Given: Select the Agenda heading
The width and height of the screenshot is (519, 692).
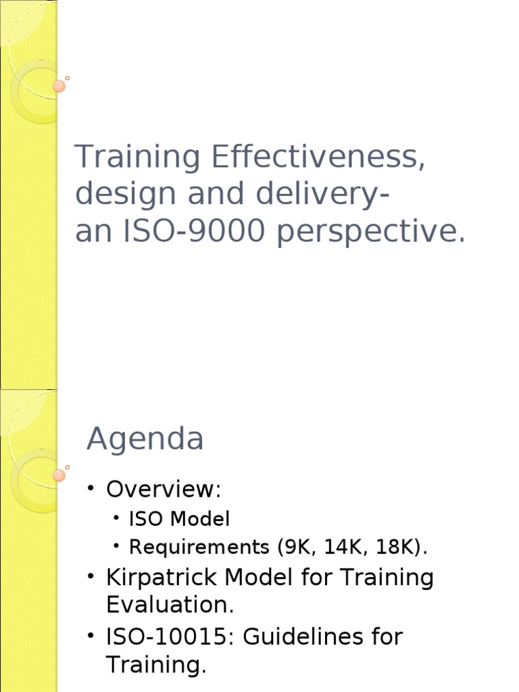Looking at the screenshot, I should [x=145, y=440].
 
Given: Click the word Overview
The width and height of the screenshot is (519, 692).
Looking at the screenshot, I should [x=164, y=489].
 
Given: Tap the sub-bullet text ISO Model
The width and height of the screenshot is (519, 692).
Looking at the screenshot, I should [x=179, y=519].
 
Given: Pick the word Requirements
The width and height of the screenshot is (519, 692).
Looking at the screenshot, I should [x=199, y=547].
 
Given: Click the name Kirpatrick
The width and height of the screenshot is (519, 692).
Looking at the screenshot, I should [x=162, y=578].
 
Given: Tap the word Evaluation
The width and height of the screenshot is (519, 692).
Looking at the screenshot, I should [x=170, y=605].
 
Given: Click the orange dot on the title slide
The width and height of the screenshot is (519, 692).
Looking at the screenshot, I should [x=59, y=86].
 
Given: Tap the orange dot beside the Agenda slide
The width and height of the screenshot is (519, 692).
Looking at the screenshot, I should [x=59, y=475].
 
